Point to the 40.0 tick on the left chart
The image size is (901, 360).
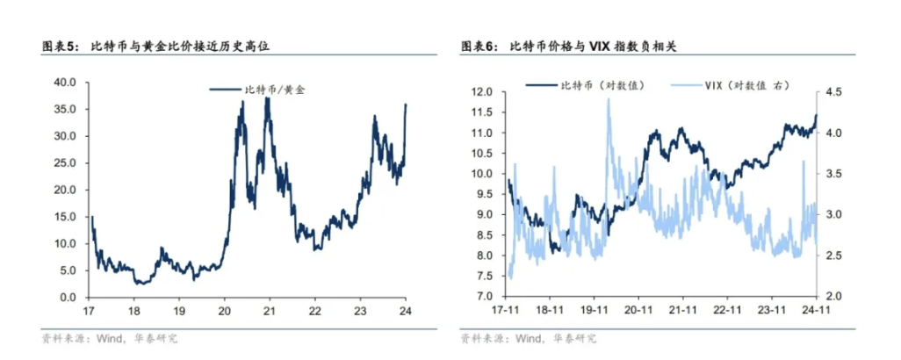click(x=66, y=82)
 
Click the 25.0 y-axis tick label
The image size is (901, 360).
click(x=66, y=162)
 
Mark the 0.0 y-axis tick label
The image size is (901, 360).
click(x=69, y=298)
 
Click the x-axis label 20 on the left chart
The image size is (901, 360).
click(x=223, y=311)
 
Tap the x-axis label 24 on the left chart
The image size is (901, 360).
click(x=406, y=311)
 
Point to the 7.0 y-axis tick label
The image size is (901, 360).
click(x=487, y=297)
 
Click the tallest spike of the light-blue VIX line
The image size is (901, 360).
click(x=609, y=100)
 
